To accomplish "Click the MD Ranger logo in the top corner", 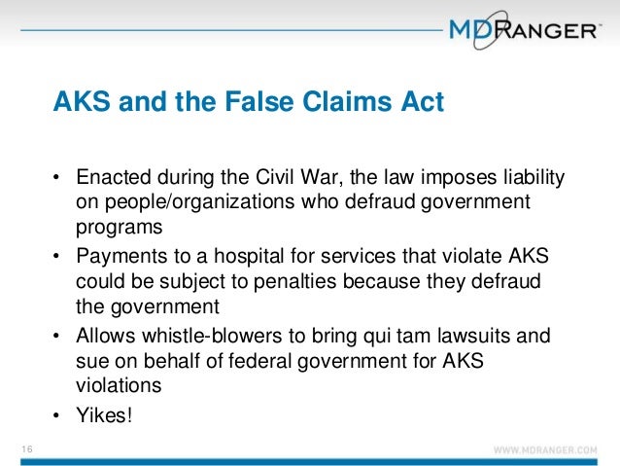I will [x=523, y=30].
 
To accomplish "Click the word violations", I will [x=116, y=383].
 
